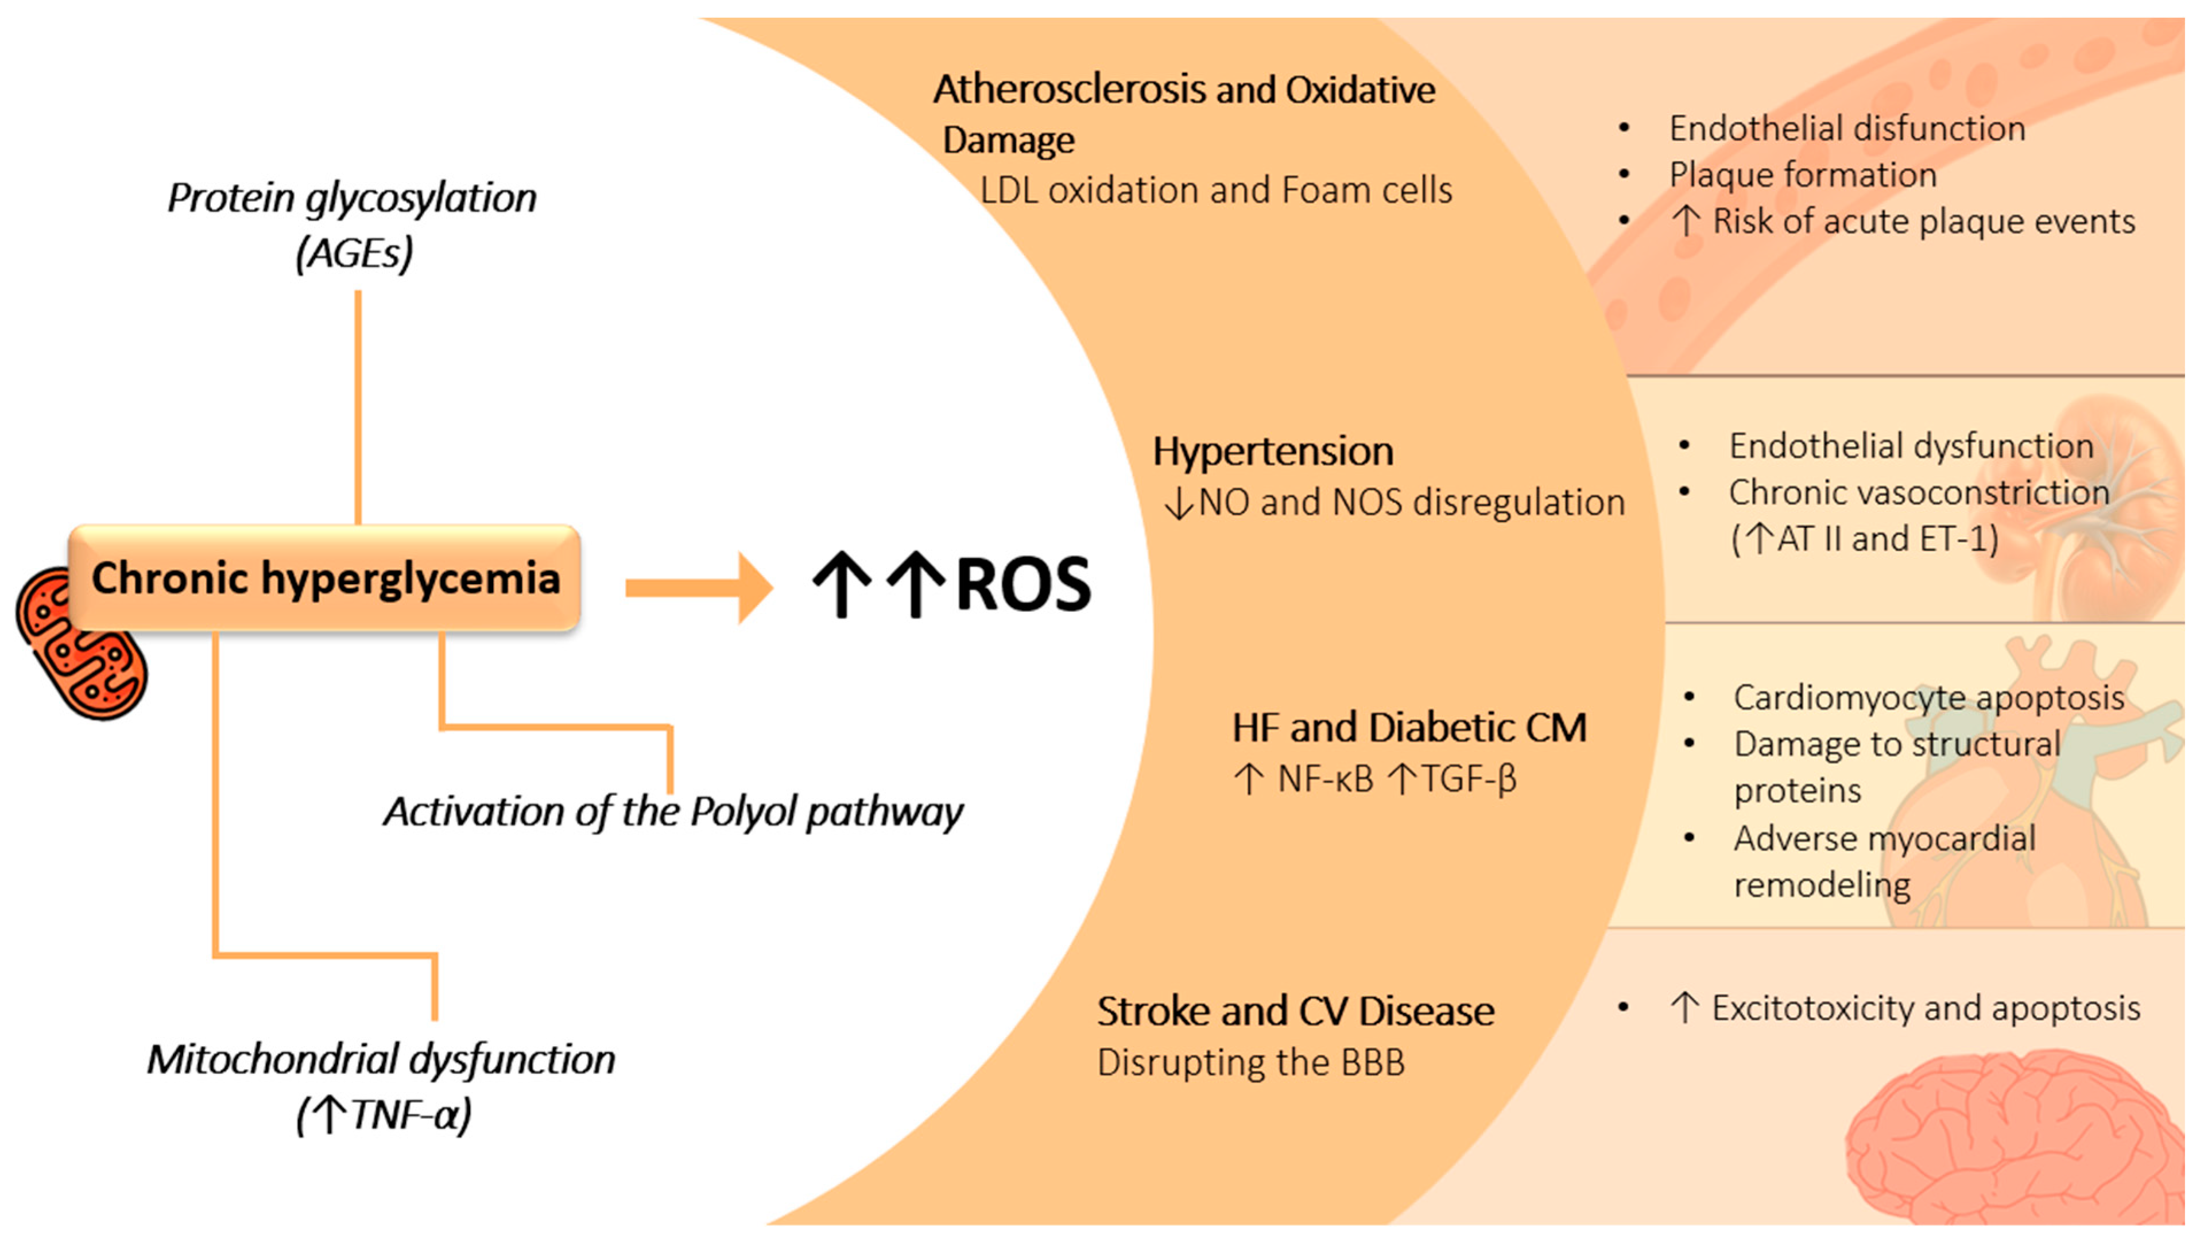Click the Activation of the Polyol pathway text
[x=673, y=811]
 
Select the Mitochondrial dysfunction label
[x=381, y=1060]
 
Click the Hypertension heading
[x=1272, y=452]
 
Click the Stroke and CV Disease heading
[x=1295, y=1011]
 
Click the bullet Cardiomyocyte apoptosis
[x=1928, y=698]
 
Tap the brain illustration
[x=2015, y=1140]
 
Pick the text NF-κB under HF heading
[x=1324, y=779]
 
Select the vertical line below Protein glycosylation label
[x=358, y=407]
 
